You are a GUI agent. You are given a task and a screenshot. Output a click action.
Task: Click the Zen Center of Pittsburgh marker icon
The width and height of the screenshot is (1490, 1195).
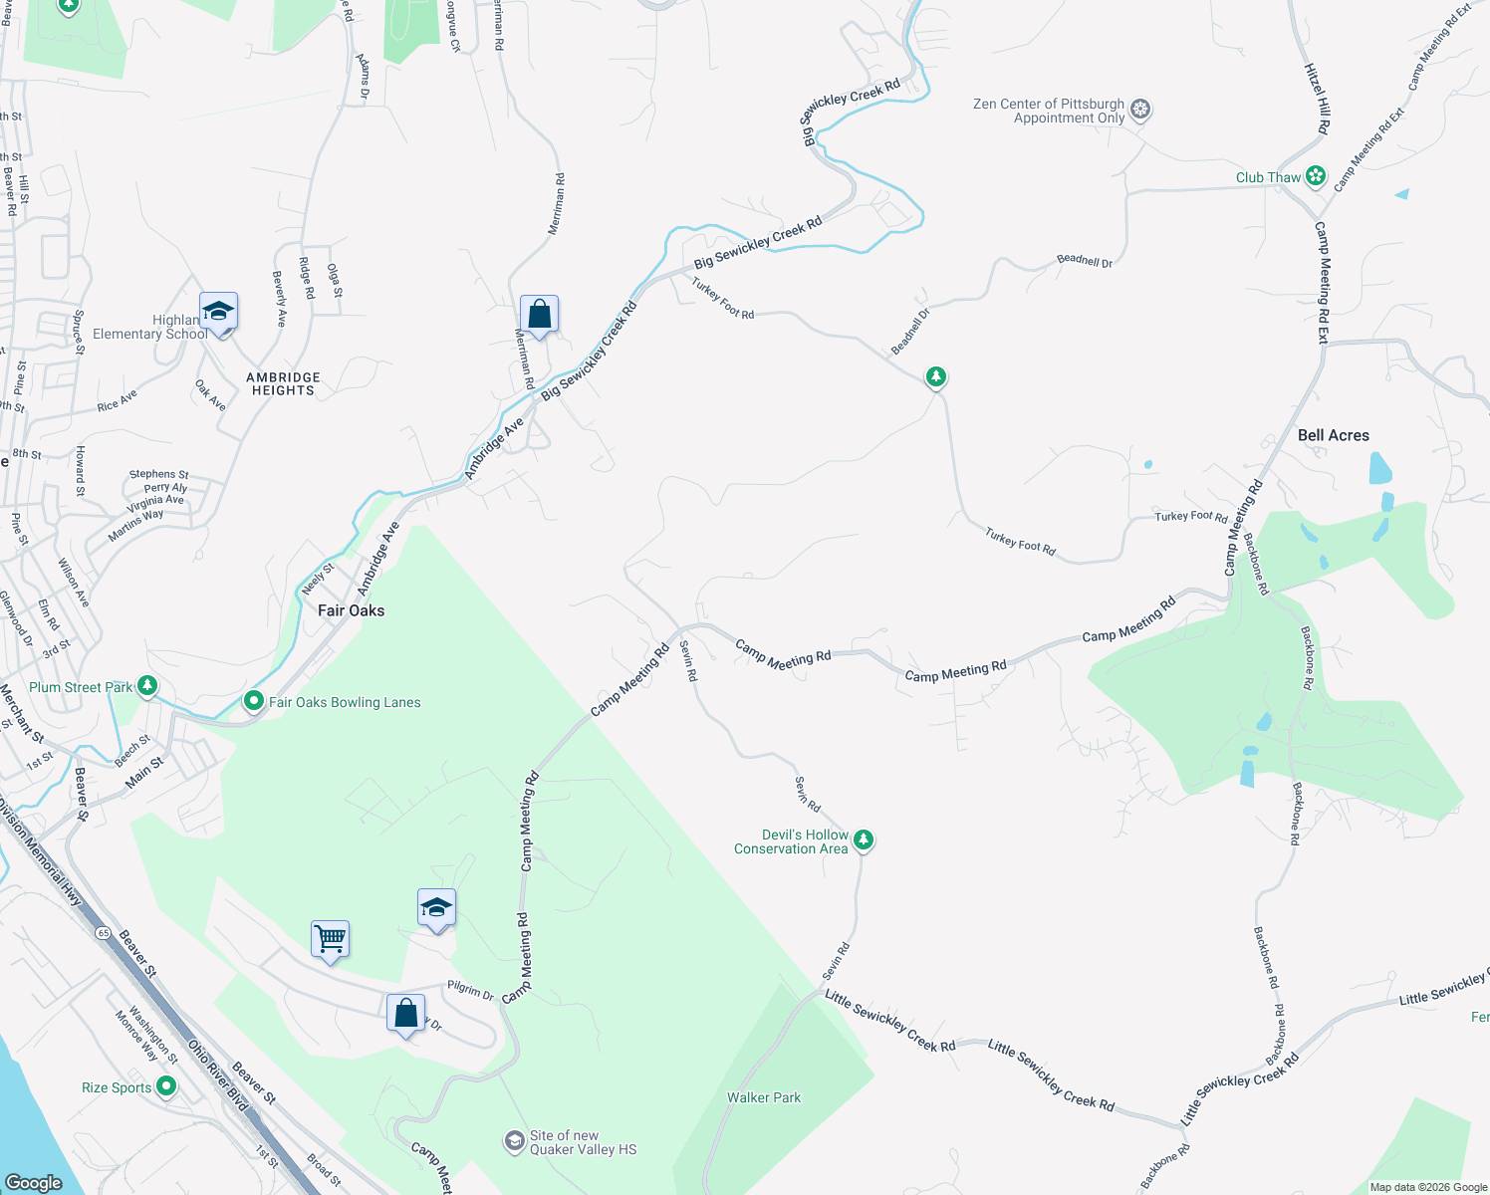coord(1141,110)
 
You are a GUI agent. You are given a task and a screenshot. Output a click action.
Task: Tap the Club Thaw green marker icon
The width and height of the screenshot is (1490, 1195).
coord(1316,176)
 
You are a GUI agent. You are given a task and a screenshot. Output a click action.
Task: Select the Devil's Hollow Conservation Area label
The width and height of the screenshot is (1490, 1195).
coord(791,842)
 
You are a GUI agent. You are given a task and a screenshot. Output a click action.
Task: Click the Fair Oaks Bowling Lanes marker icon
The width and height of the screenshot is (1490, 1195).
coord(253,701)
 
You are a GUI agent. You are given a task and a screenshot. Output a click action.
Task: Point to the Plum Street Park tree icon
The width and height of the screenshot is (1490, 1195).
coord(147,686)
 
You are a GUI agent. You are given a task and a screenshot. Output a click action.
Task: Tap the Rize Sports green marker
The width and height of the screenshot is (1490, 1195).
coord(166,1086)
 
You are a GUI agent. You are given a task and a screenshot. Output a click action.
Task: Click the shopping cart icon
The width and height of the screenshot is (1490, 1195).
coord(330,938)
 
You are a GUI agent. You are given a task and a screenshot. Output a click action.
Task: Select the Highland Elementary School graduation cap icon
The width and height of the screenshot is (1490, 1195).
coord(218,312)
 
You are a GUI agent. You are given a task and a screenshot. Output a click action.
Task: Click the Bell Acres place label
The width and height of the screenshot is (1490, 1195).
coord(1333,435)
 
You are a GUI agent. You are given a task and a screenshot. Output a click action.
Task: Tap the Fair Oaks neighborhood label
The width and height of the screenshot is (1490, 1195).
coord(351,610)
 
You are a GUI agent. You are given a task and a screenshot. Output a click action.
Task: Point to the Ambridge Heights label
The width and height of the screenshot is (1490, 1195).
coord(283,384)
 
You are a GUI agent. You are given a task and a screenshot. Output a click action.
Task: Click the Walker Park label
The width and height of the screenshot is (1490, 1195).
coord(764,1097)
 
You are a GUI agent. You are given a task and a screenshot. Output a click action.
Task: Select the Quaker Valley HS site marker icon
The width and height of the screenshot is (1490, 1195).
coord(514,1140)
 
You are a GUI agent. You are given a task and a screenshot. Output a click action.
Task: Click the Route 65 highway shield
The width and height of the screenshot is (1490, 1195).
coord(104,933)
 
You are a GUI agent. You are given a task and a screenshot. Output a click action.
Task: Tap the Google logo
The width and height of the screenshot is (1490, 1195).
coord(33,1182)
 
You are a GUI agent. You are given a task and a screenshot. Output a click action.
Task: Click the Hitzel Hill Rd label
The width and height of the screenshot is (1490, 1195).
coord(1317,99)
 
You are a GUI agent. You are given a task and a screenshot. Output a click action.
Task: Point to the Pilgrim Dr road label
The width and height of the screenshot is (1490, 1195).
coord(470,990)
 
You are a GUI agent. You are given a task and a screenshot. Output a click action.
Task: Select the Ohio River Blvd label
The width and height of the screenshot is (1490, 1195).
coord(217,1075)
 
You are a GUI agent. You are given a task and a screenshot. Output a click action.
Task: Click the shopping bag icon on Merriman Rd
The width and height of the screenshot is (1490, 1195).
coord(539,315)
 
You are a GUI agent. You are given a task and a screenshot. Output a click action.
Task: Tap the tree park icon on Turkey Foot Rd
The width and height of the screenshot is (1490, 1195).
coord(935,376)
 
